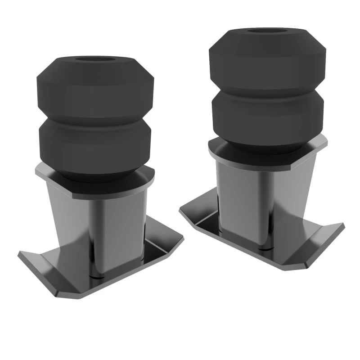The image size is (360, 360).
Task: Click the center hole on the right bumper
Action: tap(267, 31)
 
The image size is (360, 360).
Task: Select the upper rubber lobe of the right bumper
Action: tap(267, 58)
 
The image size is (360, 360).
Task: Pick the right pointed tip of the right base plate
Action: tap(343, 225)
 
